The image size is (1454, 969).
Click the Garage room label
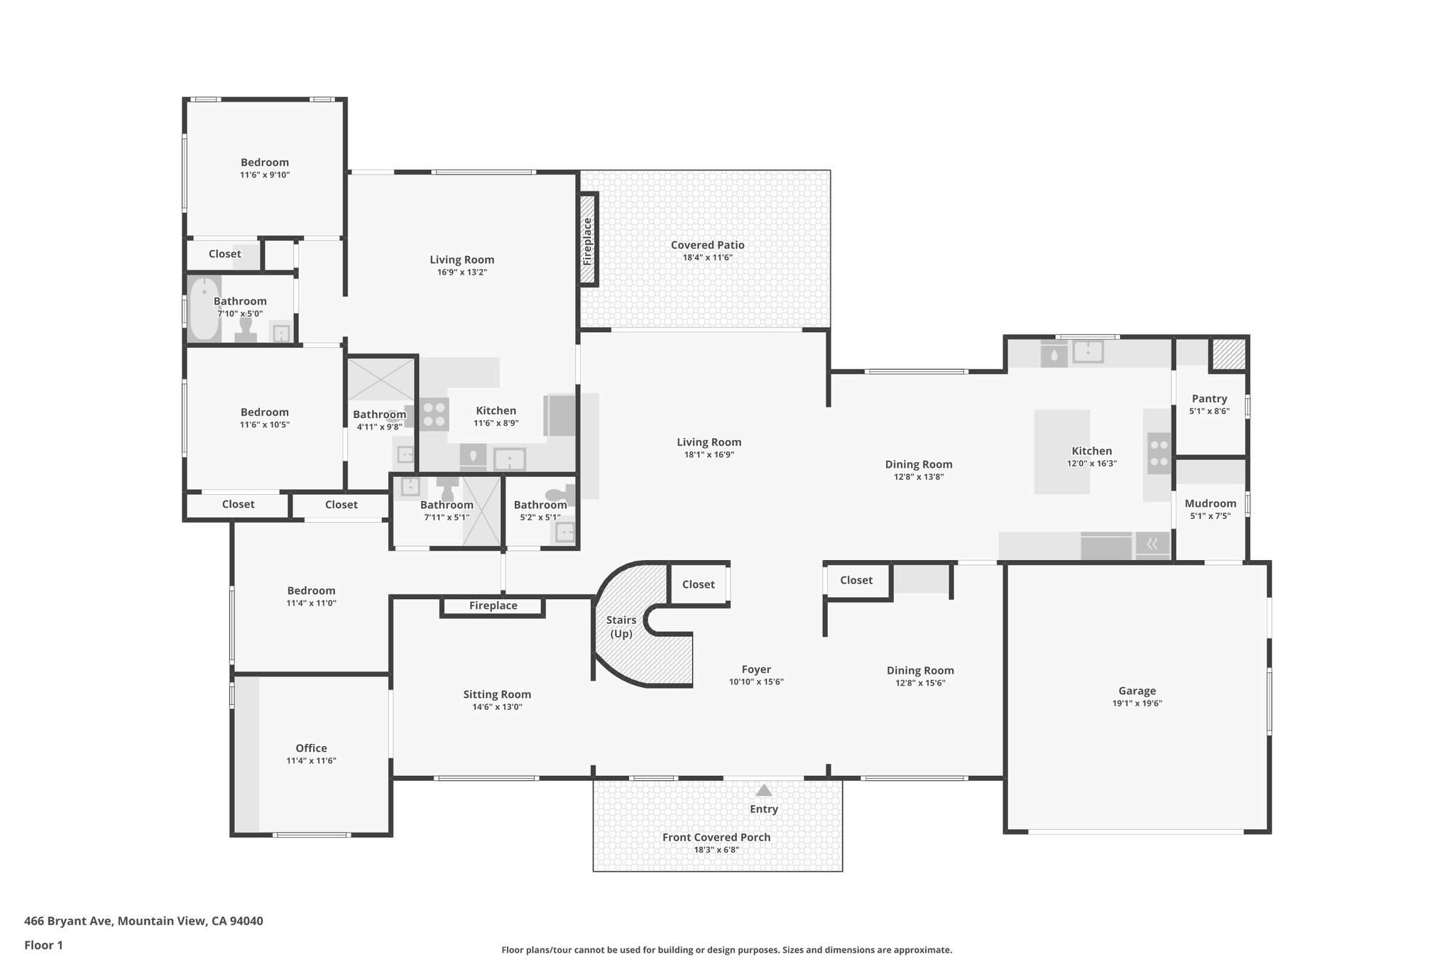coord(1137,691)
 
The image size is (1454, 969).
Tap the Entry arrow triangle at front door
coord(763,790)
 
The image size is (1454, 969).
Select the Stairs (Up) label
coord(621,627)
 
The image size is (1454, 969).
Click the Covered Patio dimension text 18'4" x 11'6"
coord(707,258)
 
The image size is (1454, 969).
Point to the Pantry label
coord(1209,398)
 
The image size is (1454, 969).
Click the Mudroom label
coord(1210,503)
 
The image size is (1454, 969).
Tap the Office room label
coord(311,748)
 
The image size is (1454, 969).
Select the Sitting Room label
coord(497,694)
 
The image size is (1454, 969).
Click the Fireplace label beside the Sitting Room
coord(493,606)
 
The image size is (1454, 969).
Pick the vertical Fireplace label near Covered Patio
coord(587,241)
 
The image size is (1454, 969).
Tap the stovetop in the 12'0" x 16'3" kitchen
coord(1159,453)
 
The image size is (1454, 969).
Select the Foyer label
coord(756,669)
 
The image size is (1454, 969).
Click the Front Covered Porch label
coord(716,837)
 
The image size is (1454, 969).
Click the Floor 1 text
coord(43,945)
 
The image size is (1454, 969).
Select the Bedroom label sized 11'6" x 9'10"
coord(264,162)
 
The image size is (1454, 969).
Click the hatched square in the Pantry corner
coord(1228,354)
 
